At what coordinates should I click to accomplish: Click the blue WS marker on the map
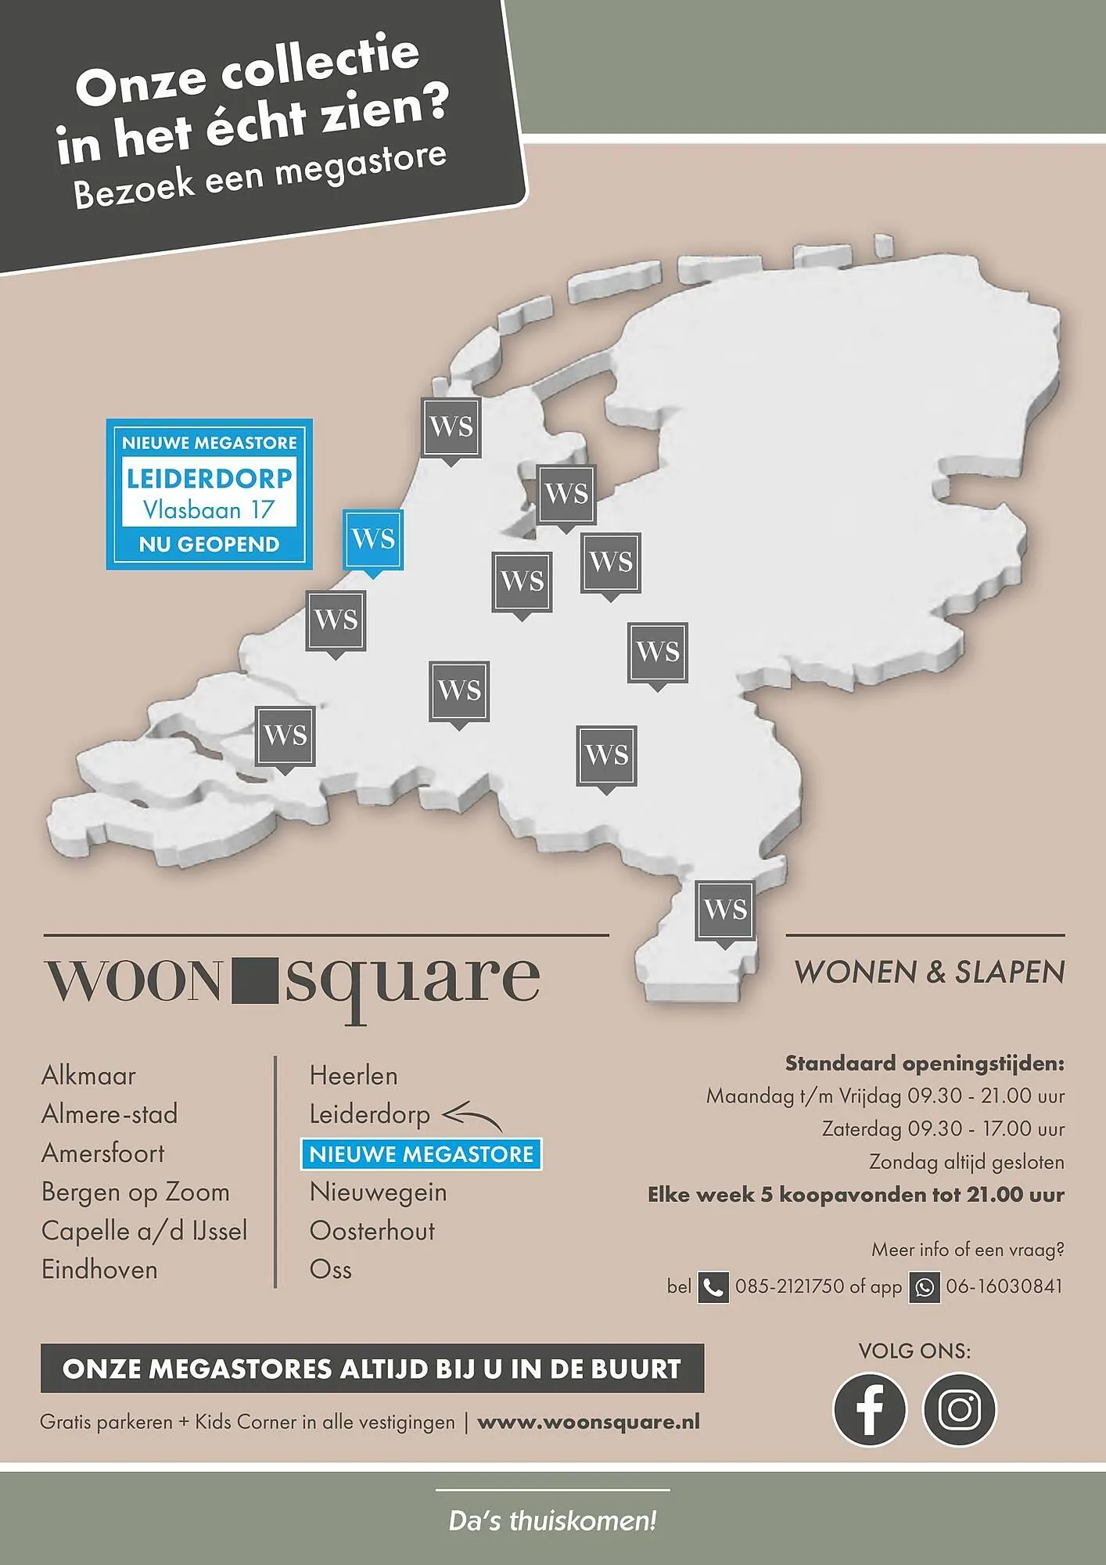pyautogui.click(x=373, y=539)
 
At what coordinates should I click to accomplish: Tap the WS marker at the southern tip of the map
pyautogui.click(x=725, y=910)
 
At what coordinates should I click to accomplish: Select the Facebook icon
pyautogui.click(x=869, y=1409)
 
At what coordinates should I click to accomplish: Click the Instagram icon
pyautogui.click(x=960, y=1409)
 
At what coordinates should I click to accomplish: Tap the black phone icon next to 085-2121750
pyautogui.click(x=713, y=1287)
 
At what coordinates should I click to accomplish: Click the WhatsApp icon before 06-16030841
pyautogui.click(x=924, y=1287)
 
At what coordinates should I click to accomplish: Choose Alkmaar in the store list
pyautogui.click(x=88, y=1076)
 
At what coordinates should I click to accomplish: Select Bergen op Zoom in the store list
pyautogui.click(x=135, y=1193)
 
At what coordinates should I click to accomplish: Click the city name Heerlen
pyautogui.click(x=354, y=1076)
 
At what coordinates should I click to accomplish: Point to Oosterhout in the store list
pyautogui.click(x=372, y=1232)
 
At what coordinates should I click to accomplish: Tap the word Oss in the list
pyautogui.click(x=331, y=1270)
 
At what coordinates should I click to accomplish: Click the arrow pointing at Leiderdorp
pyautogui.click(x=472, y=1114)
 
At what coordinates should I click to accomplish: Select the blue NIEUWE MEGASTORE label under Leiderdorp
pyautogui.click(x=421, y=1154)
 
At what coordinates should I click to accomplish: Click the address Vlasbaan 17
pyautogui.click(x=209, y=511)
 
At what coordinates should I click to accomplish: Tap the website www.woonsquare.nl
pyautogui.click(x=588, y=1422)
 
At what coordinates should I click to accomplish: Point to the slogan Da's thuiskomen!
pyautogui.click(x=552, y=1521)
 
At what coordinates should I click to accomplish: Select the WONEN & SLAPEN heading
pyautogui.click(x=929, y=973)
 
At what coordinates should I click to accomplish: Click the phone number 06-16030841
pyautogui.click(x=1004, y=1286)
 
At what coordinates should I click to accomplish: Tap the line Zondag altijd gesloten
pyautogui.click(x=967, y=1162)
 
